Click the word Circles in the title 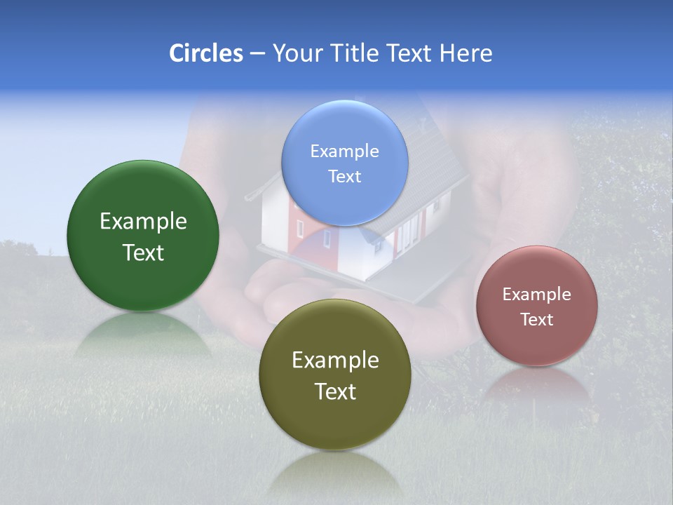(x=205, y=53)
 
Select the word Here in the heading (x=465, y=53)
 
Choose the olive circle (x=335, y=421)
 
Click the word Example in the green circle (x=143, y=222)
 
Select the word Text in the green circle (x=143, y=252)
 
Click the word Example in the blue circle (x=344, y=151)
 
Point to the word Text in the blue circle (x=344, y=176)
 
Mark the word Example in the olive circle (x=335, y=361)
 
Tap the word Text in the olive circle (x=335, y=391)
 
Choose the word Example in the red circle (x=536, y=295)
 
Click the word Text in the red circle (x=536, y=320)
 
